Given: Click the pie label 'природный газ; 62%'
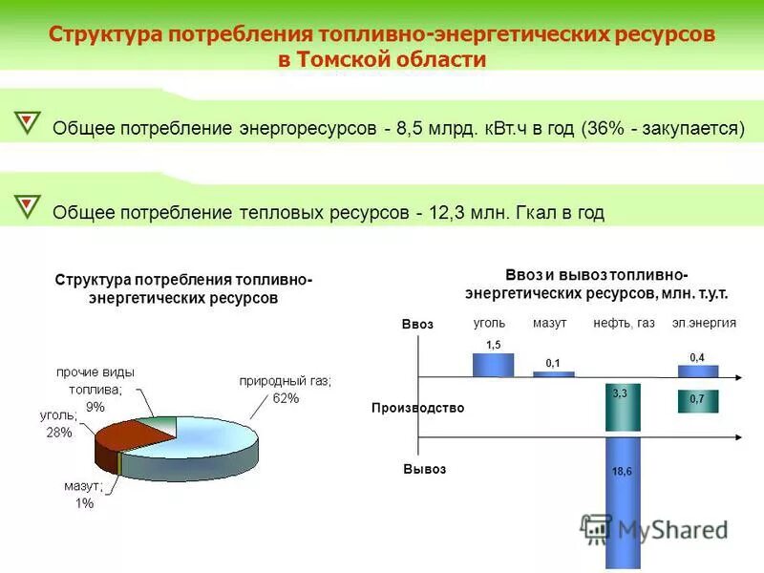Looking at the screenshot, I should [x=284, y=389].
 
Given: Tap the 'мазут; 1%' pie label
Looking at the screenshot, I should [x=84, y=495].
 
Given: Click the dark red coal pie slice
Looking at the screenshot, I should [x=124, y=443].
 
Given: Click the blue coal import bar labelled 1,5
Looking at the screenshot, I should [x=493, y=365].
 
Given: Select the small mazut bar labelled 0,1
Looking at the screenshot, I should [x=553, y=373].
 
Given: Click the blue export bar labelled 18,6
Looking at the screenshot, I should [x=621, y=497].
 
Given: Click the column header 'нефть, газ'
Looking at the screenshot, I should [x=624, y=324].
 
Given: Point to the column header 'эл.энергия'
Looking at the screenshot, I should [x=704, y=324].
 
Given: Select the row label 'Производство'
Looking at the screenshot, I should [x=417, y=408].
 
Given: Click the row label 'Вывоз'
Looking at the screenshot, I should [x=424, y=470].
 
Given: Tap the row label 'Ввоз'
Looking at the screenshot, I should [x=417, y=325].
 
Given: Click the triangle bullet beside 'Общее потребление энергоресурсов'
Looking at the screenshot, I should [x=29, y=122].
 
